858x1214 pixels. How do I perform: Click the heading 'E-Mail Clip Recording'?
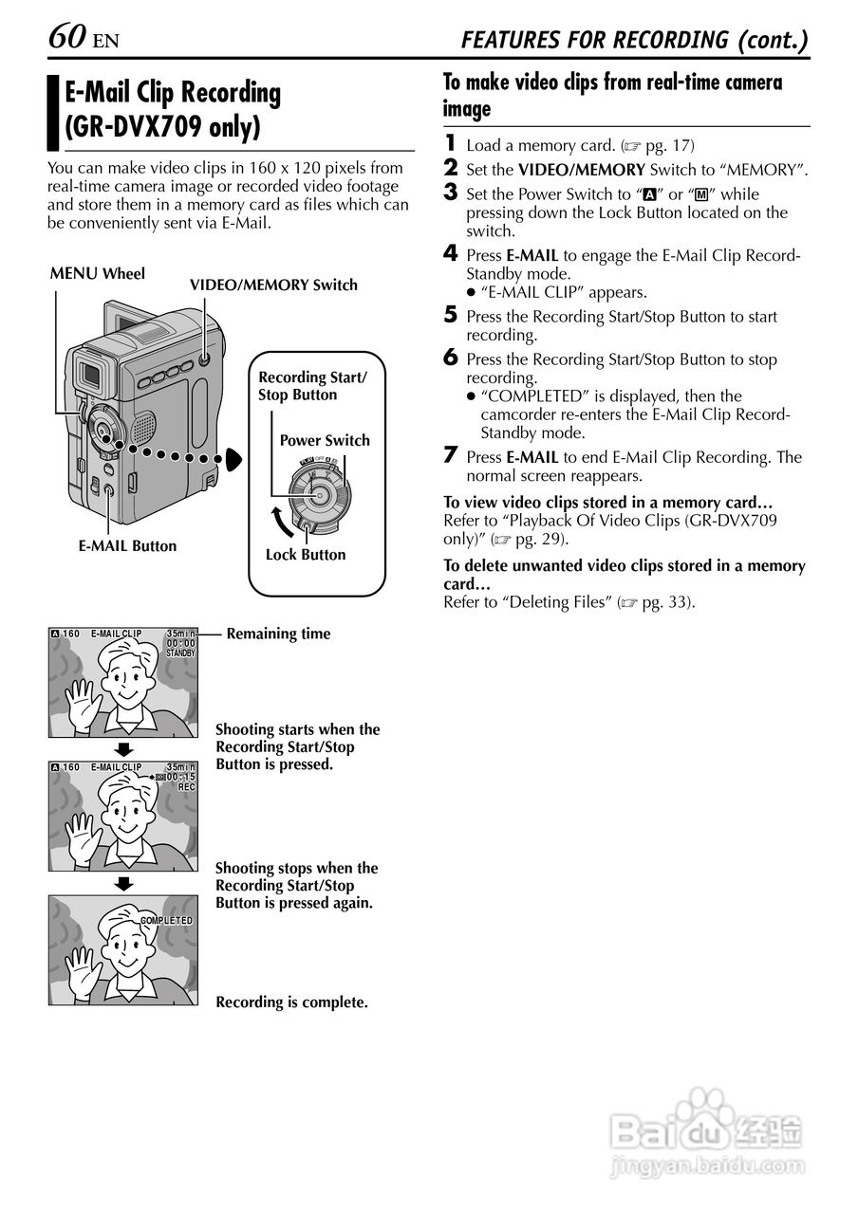(x=173, y=93)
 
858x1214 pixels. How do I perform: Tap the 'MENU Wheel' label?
(x=97, y=274)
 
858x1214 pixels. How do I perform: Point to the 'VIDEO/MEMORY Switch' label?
(x=273, y=285)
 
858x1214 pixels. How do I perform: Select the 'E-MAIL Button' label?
(x=127, y=545)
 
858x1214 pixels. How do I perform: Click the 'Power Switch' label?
(x=325, y=440)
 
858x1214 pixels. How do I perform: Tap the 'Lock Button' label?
(x=306, y=555)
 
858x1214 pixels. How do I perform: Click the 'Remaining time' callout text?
(x=278, y=634)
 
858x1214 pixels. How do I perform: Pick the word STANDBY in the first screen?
(x=180, y=653)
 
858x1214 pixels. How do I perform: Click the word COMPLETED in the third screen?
(x=166, y=921)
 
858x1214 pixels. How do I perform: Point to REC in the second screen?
(x=186, y=786)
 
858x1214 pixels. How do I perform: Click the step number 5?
(x=451, y=316)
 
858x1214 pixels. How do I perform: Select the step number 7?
(x=451, y=456)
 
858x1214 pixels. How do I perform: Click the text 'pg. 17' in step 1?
(x=669, y=146)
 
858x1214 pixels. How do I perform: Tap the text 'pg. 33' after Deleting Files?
(x=667, y=602)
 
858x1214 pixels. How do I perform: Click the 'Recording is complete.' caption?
(x=291, y=1002)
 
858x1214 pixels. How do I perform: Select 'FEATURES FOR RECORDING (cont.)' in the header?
(x=634, y=40)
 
